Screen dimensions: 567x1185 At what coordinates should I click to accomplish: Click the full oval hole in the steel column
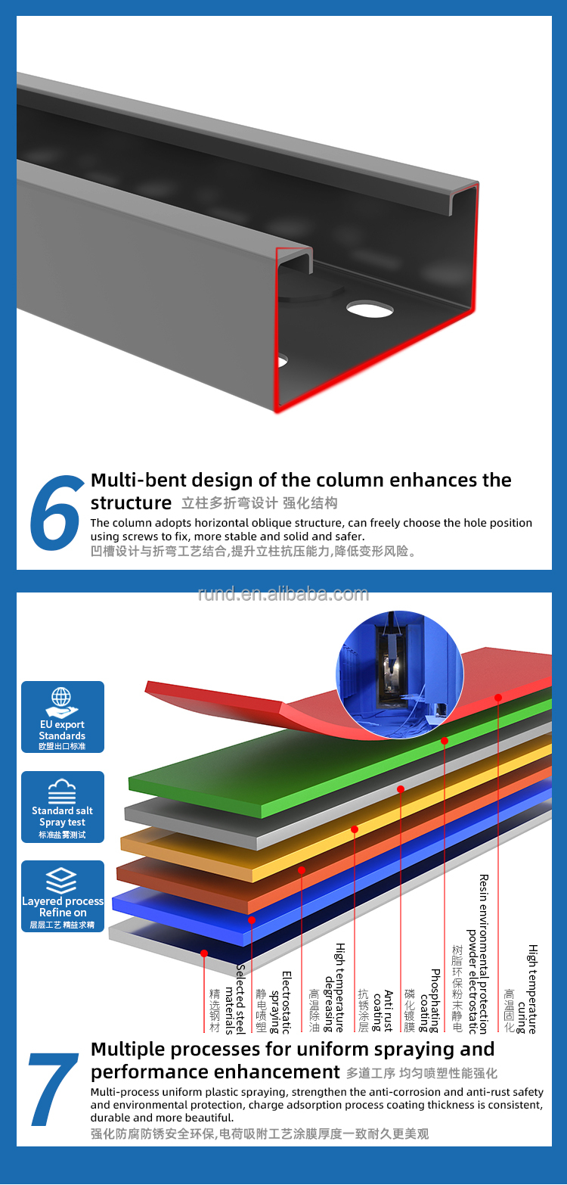pos(370,309)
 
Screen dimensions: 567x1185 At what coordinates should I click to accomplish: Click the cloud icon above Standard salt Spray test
pos(62,790)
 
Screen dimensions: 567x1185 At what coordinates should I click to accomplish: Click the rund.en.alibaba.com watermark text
pos(283,593)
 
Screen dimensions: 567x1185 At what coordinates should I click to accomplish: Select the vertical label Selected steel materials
pos(234,999)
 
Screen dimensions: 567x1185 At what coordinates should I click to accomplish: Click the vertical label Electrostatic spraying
pos(280,1002)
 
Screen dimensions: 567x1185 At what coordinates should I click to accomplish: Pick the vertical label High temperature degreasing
pos(334,987)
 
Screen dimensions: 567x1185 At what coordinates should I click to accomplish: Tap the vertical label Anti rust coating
pos(383,1011)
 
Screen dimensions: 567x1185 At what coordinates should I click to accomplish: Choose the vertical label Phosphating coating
pos(429,1000)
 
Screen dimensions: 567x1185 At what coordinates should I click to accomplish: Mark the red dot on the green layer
pos(445,741)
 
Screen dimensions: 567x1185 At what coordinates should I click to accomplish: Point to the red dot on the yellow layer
pos(355,829)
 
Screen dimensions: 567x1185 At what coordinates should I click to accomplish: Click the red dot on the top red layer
pos(497,698)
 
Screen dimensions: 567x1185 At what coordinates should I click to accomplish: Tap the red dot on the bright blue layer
pos(252,920)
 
